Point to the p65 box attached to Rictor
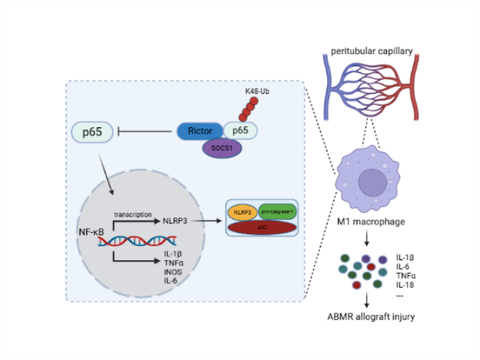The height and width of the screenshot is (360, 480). [x=240, y=130]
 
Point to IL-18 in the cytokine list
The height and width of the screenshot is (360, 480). [x=406, y=284]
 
